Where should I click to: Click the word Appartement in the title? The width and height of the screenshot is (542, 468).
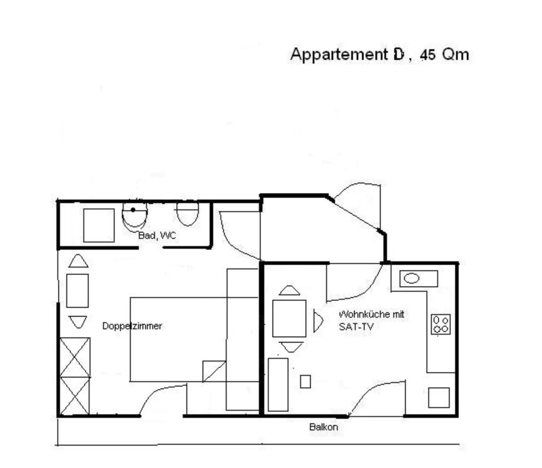[x=339, y=55]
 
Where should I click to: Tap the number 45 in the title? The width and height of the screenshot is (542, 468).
[x=428, y=55]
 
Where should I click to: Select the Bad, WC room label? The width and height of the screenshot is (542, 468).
[x=157, y=235]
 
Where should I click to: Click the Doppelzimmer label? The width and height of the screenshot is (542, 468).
[x=132, y=326]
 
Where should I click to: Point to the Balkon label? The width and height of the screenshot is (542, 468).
[x=324, y=427]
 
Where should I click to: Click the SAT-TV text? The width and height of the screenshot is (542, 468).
[x=356, y=327]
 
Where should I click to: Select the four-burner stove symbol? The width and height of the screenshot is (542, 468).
[x=441, y=324]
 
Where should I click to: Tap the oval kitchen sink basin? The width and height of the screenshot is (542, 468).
[x=411, y=279]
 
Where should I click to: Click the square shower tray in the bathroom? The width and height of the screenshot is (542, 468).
[x=99, y=225]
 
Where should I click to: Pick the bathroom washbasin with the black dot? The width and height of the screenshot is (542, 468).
[x=134, y=216]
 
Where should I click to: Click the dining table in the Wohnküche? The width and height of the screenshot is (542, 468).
[x=289, y=318]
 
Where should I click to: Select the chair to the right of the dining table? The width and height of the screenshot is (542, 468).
[x=318, y=320]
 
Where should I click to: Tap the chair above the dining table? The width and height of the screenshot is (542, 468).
[x=289, y=290]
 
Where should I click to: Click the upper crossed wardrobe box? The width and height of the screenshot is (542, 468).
[x=75, y=357]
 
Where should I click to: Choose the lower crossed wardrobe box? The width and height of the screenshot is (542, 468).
[x=75, y=395]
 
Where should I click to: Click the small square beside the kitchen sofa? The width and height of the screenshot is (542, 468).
[x=305, y=382]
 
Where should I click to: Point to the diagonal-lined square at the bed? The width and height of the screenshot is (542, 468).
[x=214, y=371]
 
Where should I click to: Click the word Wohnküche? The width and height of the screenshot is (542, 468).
[x=359, y=314]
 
